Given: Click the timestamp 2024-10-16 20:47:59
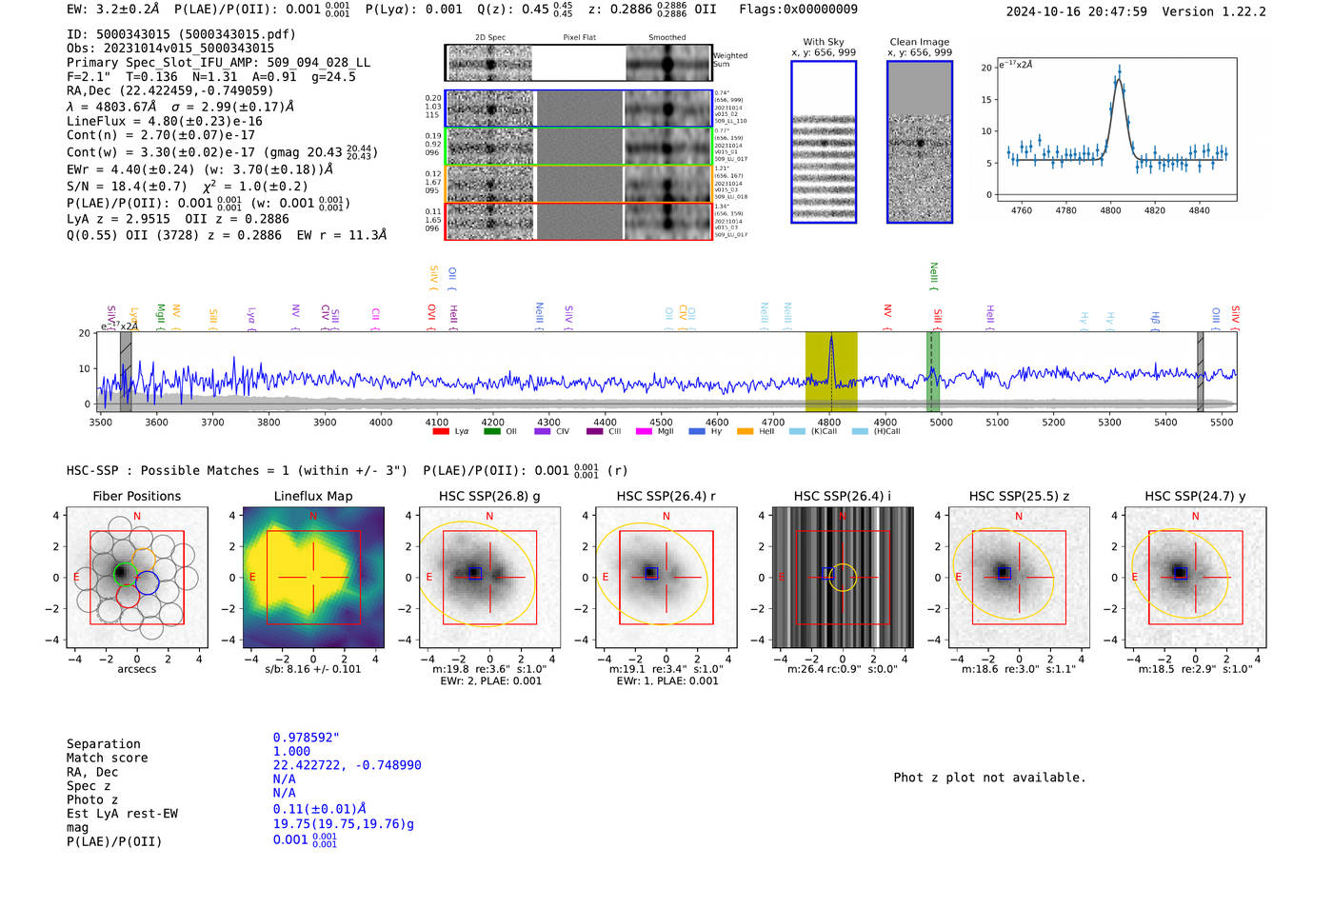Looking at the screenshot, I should coord(1076,11).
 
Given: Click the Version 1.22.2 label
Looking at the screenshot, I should coord(1214,11).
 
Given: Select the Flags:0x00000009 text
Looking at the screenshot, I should coord(798,10).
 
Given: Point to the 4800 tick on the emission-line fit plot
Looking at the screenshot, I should coord(1110,210).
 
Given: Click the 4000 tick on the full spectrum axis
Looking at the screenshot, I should coord(381,423).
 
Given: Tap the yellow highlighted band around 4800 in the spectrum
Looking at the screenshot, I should coord(831,371).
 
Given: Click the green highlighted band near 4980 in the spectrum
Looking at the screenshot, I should coord(934,371).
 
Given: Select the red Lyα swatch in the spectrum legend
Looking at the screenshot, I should coord(441,432).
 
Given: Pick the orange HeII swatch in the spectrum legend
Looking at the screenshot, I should coord(745,432).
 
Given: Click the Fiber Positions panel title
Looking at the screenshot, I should coord(136,496).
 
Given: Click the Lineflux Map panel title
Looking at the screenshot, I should coord(312,496).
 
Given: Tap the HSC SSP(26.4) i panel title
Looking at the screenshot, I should coord(842,496).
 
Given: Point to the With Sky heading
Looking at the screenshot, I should coord(823,42).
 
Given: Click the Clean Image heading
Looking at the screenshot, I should coord(919,42).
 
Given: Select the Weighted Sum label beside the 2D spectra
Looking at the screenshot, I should coord(730,60).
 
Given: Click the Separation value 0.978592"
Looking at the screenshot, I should coord(306,738).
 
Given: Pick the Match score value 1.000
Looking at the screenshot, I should coord(291,752).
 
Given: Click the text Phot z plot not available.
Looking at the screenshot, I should coord(989,778).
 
